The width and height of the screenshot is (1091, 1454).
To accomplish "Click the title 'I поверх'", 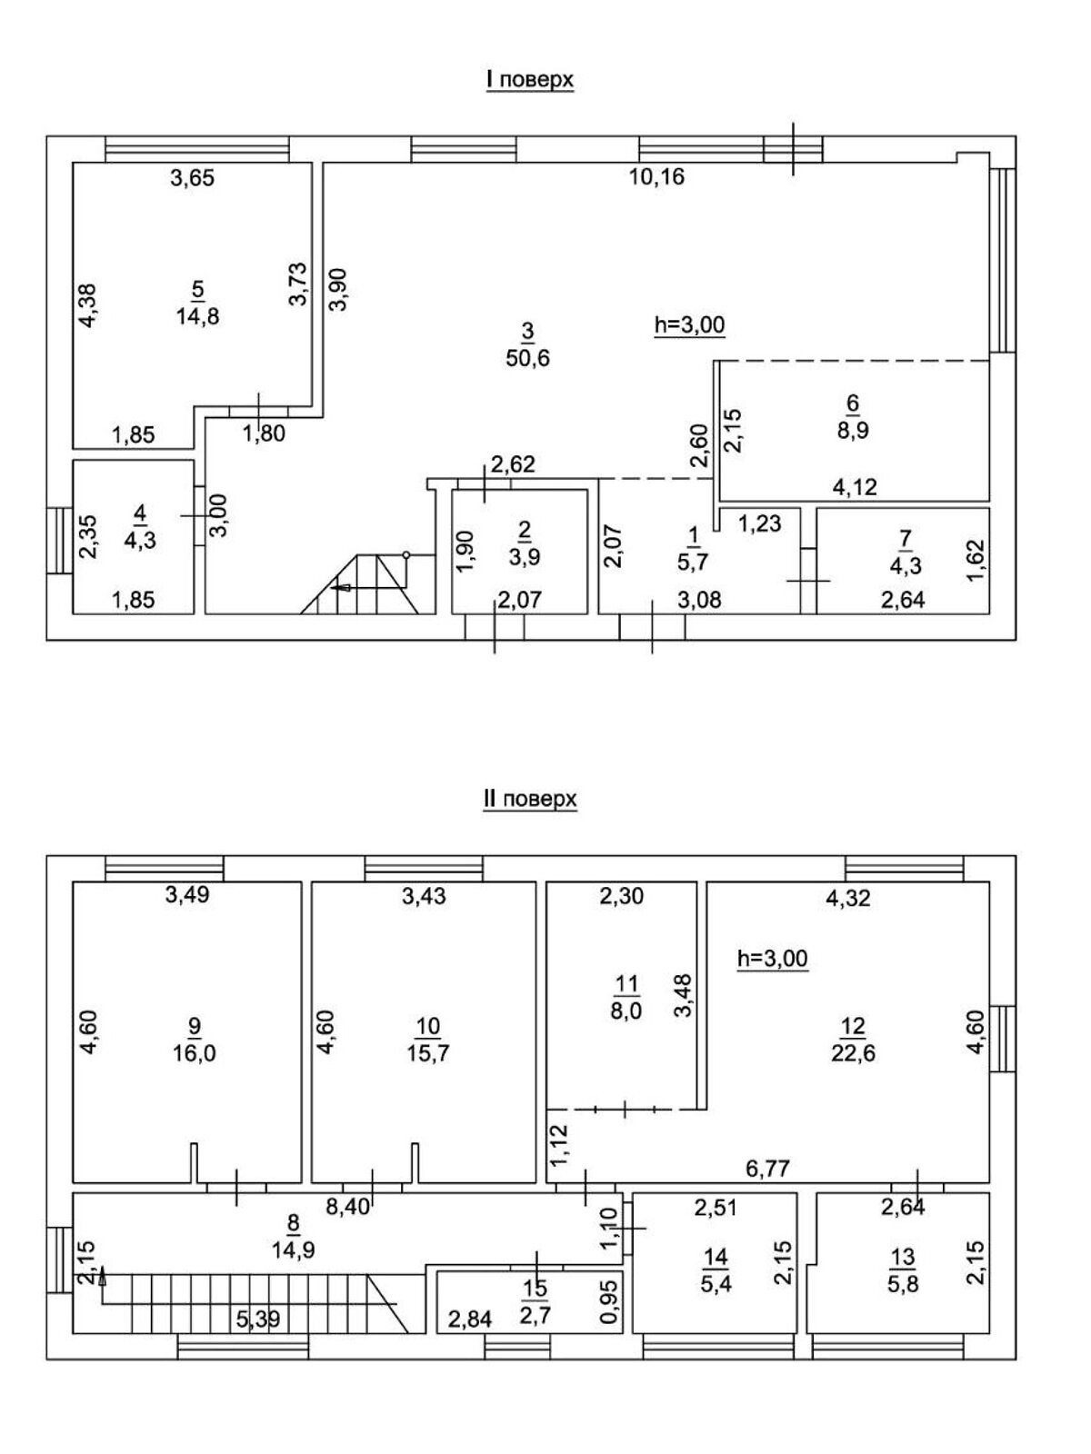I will [530, 80].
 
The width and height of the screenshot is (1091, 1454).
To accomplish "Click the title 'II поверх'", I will [530, 799].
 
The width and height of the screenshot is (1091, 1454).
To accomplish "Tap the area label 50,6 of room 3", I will [528, 358].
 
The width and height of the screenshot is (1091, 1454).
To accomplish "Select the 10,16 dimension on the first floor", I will [657, 177].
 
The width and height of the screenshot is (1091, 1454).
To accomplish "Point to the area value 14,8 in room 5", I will [198, 317].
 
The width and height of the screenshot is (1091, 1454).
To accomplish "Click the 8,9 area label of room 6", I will [853, 430].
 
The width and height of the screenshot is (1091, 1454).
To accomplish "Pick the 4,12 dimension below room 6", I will [855, 487].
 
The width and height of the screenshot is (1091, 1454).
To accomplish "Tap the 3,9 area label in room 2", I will [525, 557].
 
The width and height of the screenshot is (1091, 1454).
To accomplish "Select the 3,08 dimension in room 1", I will [700, 601].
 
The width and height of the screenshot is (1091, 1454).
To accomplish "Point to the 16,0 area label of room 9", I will [194, 1053].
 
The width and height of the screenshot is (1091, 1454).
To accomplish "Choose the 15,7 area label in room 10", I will [427, 1053].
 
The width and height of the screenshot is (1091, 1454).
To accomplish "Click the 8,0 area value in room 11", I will [626, 1011].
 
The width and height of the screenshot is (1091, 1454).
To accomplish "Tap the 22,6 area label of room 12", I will [853, 1053].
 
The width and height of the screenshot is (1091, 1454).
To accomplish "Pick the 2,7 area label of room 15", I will [535, 1316].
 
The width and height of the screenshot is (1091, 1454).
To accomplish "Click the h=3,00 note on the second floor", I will [772, 958].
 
